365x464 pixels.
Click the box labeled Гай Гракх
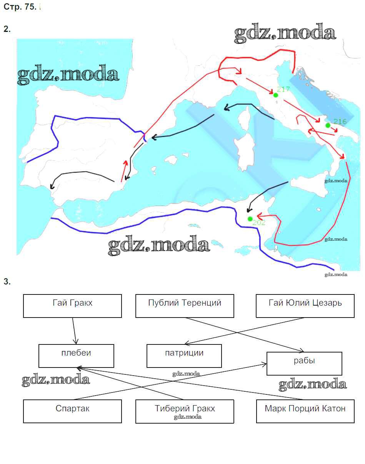tap(72, 306)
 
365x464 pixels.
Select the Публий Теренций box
tap(185, 306)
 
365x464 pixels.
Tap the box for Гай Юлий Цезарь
tap(305, 306)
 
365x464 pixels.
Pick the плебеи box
tap(76, 356)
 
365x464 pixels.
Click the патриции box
tap(184, 356)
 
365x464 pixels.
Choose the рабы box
tap(304, 364)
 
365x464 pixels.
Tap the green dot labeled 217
tap(275, 95)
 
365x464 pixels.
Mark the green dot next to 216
tap(328, 125)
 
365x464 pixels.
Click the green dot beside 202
tap(250, 219)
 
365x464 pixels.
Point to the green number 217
tap(283, 89)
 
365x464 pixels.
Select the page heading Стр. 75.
tap(20, 7)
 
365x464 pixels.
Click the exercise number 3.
tap(7, 281)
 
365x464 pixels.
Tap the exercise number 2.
tap(7, 29)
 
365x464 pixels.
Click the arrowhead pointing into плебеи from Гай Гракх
tap(75, 341)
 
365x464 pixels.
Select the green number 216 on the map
tap(340, 121)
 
